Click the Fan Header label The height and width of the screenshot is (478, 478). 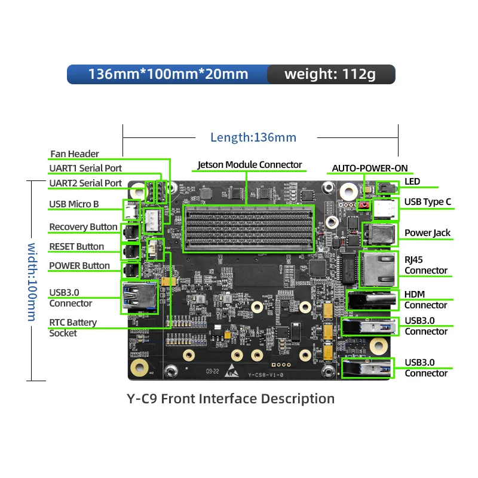tap(75, 154)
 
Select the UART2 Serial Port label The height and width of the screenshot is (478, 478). tap(85, 183)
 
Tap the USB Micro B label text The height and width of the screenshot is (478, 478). tap(74, 204)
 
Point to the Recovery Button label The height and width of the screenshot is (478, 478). tap(83, 226)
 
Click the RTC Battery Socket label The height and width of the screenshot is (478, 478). tap(72, 327)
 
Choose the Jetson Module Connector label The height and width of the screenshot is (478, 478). tap(250, 164)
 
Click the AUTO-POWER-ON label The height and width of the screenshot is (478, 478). tap(370, 168)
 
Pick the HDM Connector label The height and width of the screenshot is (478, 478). tap(425, 299)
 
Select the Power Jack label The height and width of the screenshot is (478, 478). tap(427, 232)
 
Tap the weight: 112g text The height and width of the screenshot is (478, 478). tap(330, 74)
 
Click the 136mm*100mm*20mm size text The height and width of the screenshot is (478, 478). tap(168, 74)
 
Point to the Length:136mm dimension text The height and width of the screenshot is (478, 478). tap(253, 137)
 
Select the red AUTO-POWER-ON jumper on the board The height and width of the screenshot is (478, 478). tap(363, 205)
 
